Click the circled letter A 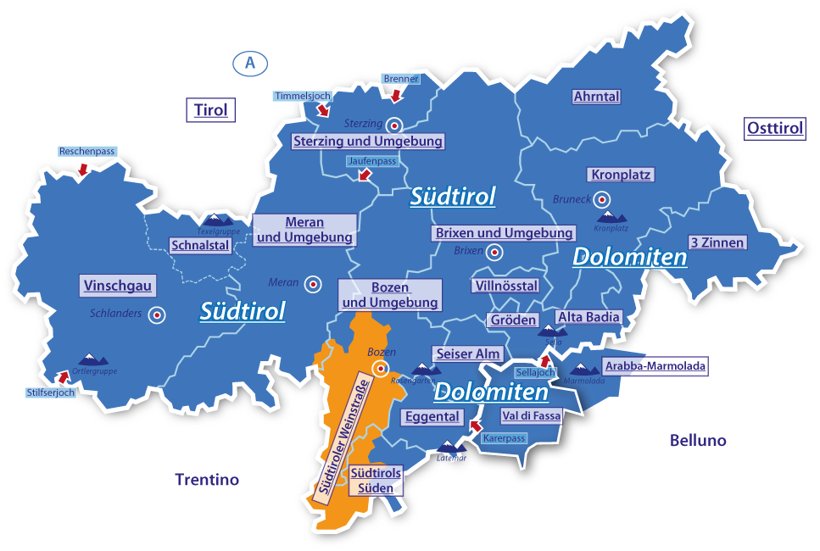(x=249, y=64)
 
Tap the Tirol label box (x=211, y=110)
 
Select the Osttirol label (x=774, y=129)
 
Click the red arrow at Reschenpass (x=82, y=170)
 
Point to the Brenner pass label (x=401, y=79)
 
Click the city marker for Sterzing (x=393, y=123)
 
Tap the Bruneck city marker (x=602, y=200)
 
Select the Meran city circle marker (x=313, y=284)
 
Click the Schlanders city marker (x=156, y=315)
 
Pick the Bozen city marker (x=381, y=368)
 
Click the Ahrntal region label (x=596, y=97)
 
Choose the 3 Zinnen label (x=717, y=242)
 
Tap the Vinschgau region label (x=118, y=286)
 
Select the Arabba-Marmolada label (x=654, y=366)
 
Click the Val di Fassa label (x=531, y=415)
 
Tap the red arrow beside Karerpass (x=475, y=426)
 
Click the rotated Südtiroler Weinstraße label (x=343, y=437)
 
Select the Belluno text (x=698, y=441)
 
